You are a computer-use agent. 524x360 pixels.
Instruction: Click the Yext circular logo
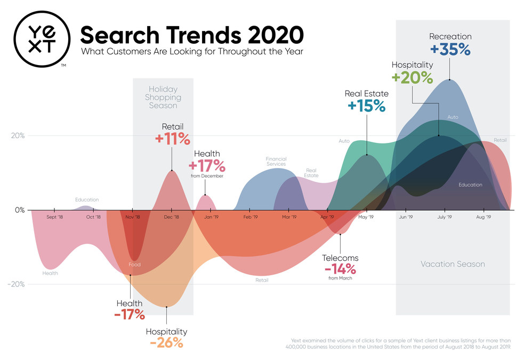40,37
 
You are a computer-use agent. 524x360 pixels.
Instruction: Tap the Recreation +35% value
450,50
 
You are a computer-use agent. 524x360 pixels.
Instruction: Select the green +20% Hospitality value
412,77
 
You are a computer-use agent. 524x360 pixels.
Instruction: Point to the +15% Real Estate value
366,105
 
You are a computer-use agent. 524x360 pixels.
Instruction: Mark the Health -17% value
130,314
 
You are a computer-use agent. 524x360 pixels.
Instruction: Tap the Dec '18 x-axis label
172,217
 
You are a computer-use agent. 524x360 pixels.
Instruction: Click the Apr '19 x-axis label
327,217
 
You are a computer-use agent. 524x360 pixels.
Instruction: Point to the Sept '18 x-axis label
55,217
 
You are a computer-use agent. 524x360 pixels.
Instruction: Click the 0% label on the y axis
20,210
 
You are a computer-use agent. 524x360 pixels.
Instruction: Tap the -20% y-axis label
16,284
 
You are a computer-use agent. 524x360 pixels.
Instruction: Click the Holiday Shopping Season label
163,98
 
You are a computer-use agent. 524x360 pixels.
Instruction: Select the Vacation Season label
453,264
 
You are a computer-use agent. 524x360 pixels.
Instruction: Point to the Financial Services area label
276,162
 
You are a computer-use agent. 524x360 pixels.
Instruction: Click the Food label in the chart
134,265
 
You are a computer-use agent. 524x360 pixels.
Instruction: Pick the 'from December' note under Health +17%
206,176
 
